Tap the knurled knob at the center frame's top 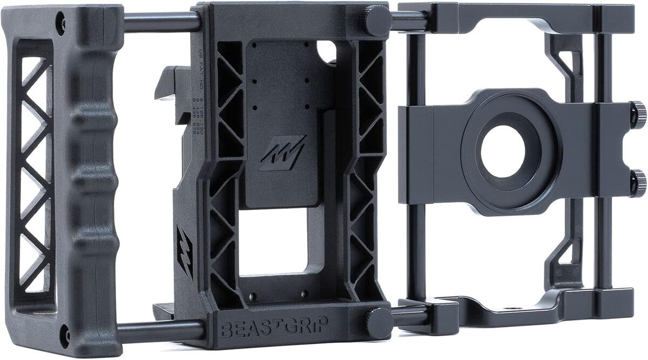[377, 21]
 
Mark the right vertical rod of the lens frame [602, 162]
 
